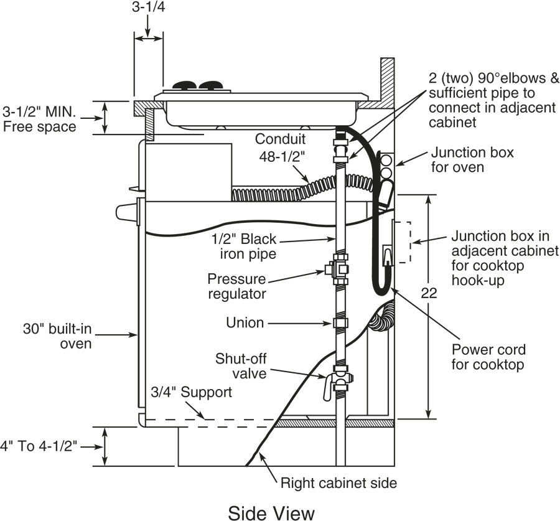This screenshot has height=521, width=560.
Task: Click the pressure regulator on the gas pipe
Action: coord(337,269)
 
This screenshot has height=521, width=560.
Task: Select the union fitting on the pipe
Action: coord(340,323)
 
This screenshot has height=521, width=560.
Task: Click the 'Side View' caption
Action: coord(271,513)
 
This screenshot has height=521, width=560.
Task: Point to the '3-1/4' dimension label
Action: coord(149,7)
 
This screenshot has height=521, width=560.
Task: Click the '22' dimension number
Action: coord(429,293)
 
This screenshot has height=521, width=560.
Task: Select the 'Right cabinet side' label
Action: coord(338,483)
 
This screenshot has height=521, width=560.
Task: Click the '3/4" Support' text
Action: coord(192,392)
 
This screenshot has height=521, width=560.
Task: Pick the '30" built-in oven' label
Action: coord(57,336)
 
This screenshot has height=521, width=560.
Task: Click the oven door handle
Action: coord(126,212)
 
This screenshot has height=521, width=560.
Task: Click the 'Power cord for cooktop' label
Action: coord(488,357)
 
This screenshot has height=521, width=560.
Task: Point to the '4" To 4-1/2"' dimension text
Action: coord(39,446)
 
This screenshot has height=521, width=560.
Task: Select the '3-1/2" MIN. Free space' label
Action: coord(39,120)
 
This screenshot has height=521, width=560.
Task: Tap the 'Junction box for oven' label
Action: coord(472,160)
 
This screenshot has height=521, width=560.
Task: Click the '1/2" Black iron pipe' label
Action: coord(244,246)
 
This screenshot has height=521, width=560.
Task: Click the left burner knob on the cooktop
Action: coord(184,85)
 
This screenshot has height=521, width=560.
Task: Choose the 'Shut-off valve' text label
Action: coord(241,366)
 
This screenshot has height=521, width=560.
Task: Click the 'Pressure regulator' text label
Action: coord(237,286)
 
